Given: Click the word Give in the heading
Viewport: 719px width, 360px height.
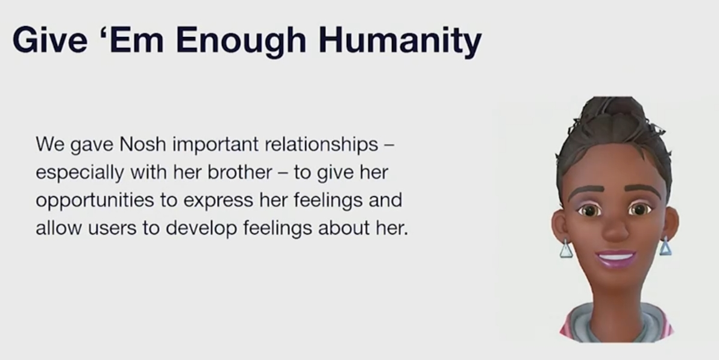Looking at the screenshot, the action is (49, 39).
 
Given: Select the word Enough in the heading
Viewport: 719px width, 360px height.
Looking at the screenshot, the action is (241, 42).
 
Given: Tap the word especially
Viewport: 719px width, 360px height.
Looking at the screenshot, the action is (80, 173).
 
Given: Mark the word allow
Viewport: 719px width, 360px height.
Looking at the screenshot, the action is (58, 227).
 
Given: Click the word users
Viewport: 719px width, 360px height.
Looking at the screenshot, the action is (112, 229).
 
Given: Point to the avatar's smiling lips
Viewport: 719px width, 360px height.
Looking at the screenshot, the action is (617, 257).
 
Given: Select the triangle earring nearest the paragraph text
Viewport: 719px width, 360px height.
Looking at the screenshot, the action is (566, 249).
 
